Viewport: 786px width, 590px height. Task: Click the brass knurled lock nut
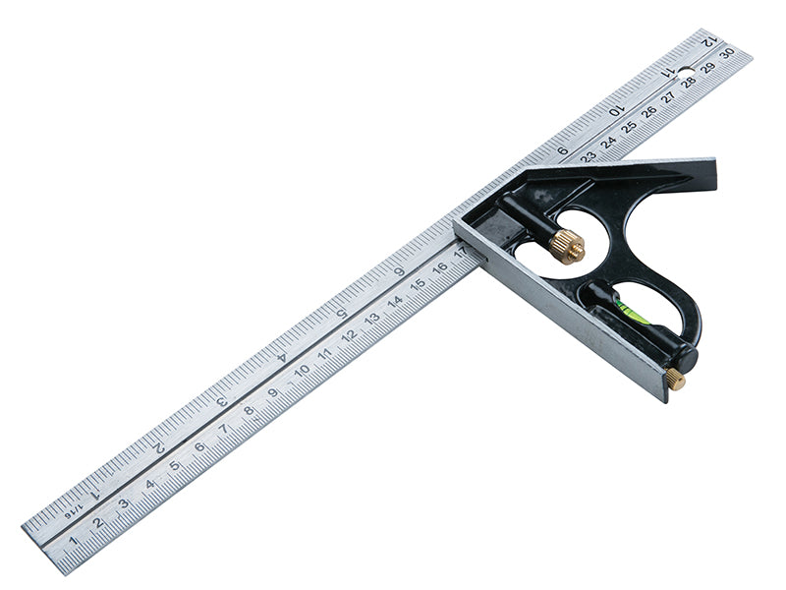tap(567, 245)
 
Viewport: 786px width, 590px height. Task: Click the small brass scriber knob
tap(675, 379)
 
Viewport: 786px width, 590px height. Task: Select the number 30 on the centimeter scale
tap(727, 54)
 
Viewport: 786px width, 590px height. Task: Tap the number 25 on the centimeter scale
tap(629, 125)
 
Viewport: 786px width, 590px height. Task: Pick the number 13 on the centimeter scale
tap(371, 319)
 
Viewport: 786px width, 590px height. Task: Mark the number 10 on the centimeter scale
tap(302, 370)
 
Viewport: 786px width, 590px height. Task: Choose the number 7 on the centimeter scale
tap(224, 429)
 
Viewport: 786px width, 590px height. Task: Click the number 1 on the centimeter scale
tap(74, 541)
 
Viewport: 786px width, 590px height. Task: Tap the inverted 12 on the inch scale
tap(710, 41)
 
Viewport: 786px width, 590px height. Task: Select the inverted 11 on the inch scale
tap(668, 73)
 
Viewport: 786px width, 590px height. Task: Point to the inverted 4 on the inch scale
tap(281, 357)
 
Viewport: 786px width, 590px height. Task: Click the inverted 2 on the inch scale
tap(159, 447)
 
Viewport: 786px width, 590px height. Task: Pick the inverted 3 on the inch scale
tap(221, 402)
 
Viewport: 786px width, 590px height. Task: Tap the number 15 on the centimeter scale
tap(418, 284)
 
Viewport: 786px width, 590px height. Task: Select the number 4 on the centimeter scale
tap(149, 484)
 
